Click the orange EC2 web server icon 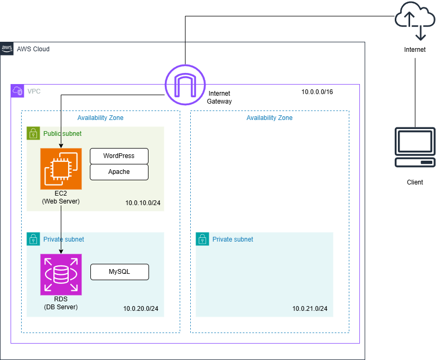(x=61, y=169)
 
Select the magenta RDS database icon (x=61, y=274)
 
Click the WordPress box (x=119, y=156)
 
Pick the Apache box (x=119, y=172)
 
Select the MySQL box (x=119, y=272)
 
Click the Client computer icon (x=415, y=147)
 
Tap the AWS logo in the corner (x=7, y=49)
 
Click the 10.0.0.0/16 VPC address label (x=317, y=91)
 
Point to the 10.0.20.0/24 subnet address (x=141, y=309)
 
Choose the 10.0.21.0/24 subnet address (x=310, y=309)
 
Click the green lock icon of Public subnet (x=33, y=133)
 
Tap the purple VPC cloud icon (x=17, y=91)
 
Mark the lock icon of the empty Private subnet (x=202, y=239)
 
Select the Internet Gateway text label (x=219, y=97)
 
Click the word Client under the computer (x=415, y=182)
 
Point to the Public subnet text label (x=62, y=134)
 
